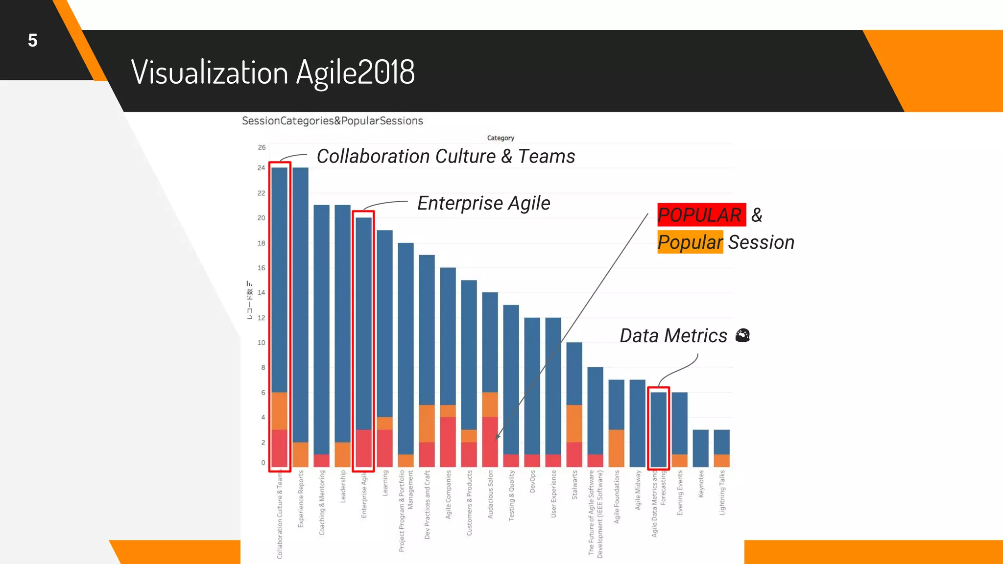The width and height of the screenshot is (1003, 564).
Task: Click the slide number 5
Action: click(32, 41)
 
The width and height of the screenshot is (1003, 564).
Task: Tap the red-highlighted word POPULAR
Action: click(700, 215)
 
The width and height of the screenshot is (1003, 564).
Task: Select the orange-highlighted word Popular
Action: click(690, 242)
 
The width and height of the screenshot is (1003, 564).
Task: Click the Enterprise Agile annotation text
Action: click(483, 203)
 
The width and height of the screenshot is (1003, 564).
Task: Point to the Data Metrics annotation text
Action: click(673, 336)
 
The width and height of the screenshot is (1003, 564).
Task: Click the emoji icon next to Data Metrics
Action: click(742, 336)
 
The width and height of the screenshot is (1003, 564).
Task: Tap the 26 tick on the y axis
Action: click(262, 147)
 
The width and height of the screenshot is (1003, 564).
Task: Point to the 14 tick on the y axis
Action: click(262, 293)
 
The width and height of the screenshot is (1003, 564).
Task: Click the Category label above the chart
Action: click(501, 138)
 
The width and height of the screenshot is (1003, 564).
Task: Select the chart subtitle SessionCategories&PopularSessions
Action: click(332, 121)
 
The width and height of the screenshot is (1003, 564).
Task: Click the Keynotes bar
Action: click(700, 448)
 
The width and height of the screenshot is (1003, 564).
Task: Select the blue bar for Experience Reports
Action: click(300, 304)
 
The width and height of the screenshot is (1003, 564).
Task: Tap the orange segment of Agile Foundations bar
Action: click(616, 448)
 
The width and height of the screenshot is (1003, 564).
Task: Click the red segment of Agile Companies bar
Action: click(448, 442)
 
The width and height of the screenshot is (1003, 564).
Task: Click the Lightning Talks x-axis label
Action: click(722, 493)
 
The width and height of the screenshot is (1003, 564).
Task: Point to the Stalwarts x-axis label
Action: click(574, 485)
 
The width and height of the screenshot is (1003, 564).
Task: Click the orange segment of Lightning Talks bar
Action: click(721, 460)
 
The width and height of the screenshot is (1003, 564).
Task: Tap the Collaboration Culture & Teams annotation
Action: click(446, 157)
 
